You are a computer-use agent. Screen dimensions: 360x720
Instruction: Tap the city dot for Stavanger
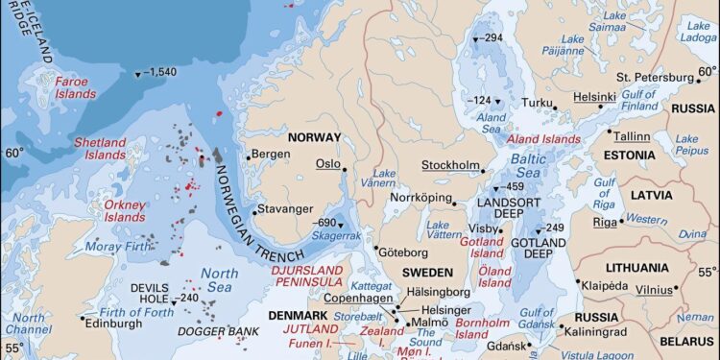click(252, 209)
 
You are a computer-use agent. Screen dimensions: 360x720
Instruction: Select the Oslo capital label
click(327, 164)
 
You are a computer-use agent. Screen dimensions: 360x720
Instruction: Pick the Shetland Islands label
click(100, 149)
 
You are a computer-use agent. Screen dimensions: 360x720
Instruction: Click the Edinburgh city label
click(120, 324)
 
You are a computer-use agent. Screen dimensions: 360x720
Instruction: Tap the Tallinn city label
click(631, 136)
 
